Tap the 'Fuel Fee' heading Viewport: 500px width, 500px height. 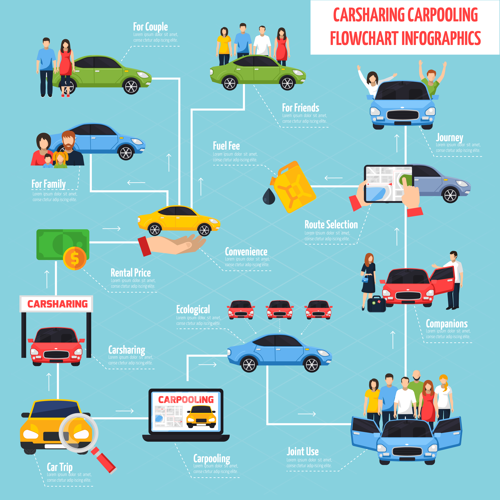point(226,146)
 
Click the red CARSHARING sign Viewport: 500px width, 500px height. point(57,304)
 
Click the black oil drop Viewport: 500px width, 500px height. point(269,197)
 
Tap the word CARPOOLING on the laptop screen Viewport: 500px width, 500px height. point(186,400)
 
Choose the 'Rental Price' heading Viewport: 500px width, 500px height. point(131,273)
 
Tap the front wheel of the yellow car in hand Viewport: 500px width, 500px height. point(204,230)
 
